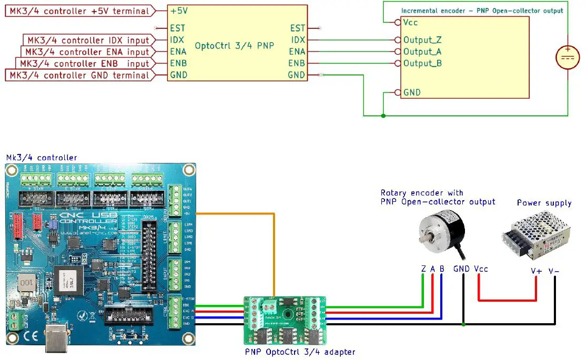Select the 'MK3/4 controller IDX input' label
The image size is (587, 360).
87,40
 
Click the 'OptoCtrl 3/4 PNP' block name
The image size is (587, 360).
235,46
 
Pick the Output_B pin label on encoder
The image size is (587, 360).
422,64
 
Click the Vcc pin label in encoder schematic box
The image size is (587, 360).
410,23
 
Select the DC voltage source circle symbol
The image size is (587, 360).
568,57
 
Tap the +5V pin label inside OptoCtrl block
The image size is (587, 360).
179,11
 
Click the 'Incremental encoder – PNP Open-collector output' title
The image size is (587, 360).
482,11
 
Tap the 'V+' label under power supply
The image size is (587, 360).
536,271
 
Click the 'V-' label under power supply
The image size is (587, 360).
554,271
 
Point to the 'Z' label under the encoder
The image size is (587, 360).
423,269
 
